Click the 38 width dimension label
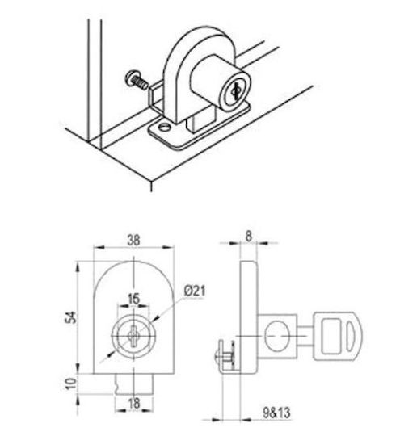(x=133, y=240)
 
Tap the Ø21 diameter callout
(x=195, y=291)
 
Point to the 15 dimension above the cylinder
(x=133, y=299)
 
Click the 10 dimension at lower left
(x=71, y=384)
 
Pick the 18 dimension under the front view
(x=134, y=403)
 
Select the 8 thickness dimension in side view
(x=248, y=237)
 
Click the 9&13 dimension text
(x=276, y=413)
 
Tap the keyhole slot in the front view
(x=133, y=336)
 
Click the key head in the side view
(x=339, y=336)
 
